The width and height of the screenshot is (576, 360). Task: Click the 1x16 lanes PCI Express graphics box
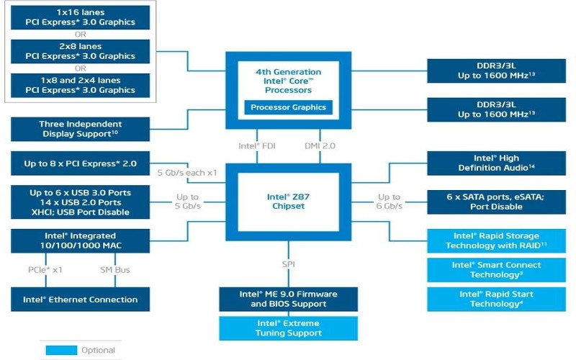(x=81, y=17)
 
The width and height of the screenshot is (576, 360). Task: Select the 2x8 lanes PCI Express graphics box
(x=81, y=51)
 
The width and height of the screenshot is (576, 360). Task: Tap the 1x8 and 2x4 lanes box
(x=81, y=85)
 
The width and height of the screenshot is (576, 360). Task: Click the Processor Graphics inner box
(x=288, y=108)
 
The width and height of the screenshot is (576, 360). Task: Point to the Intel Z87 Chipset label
(x=288, y=201)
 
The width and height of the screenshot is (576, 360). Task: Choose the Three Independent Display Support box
(x=81, y=129)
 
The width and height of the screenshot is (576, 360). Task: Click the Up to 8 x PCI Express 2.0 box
(x=81, y=163)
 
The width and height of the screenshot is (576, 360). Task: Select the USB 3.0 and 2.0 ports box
(x=81, y=202)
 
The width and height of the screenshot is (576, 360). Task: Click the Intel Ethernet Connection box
(x=81, y=300)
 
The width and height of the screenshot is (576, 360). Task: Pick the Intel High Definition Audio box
(x=496, y=163)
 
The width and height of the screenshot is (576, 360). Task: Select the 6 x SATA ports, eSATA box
(x=496, y=202)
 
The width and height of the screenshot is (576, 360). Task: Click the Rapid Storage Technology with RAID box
(x=496, y=240)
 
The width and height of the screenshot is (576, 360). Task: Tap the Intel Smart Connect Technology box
(x=496, y=269)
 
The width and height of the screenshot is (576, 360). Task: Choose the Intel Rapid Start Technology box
(x=496, y=299)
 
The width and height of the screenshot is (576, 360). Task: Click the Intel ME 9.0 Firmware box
(x=288, y=299)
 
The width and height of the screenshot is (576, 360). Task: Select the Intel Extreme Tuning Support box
(x=288, y=328)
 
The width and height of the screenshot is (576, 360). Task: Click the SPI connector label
(x=288, y=265)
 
